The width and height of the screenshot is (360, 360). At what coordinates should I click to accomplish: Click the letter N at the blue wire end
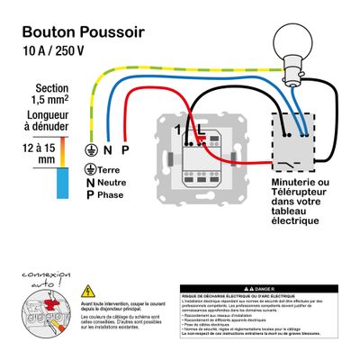click(x=107, y=149)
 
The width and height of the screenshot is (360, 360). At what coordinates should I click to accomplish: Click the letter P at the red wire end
click(x=125, y=149)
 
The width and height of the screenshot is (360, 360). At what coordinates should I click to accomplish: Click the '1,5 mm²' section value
click(x=51, y=102)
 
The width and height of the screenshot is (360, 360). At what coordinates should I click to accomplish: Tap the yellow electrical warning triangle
click(x=87, y=292)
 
